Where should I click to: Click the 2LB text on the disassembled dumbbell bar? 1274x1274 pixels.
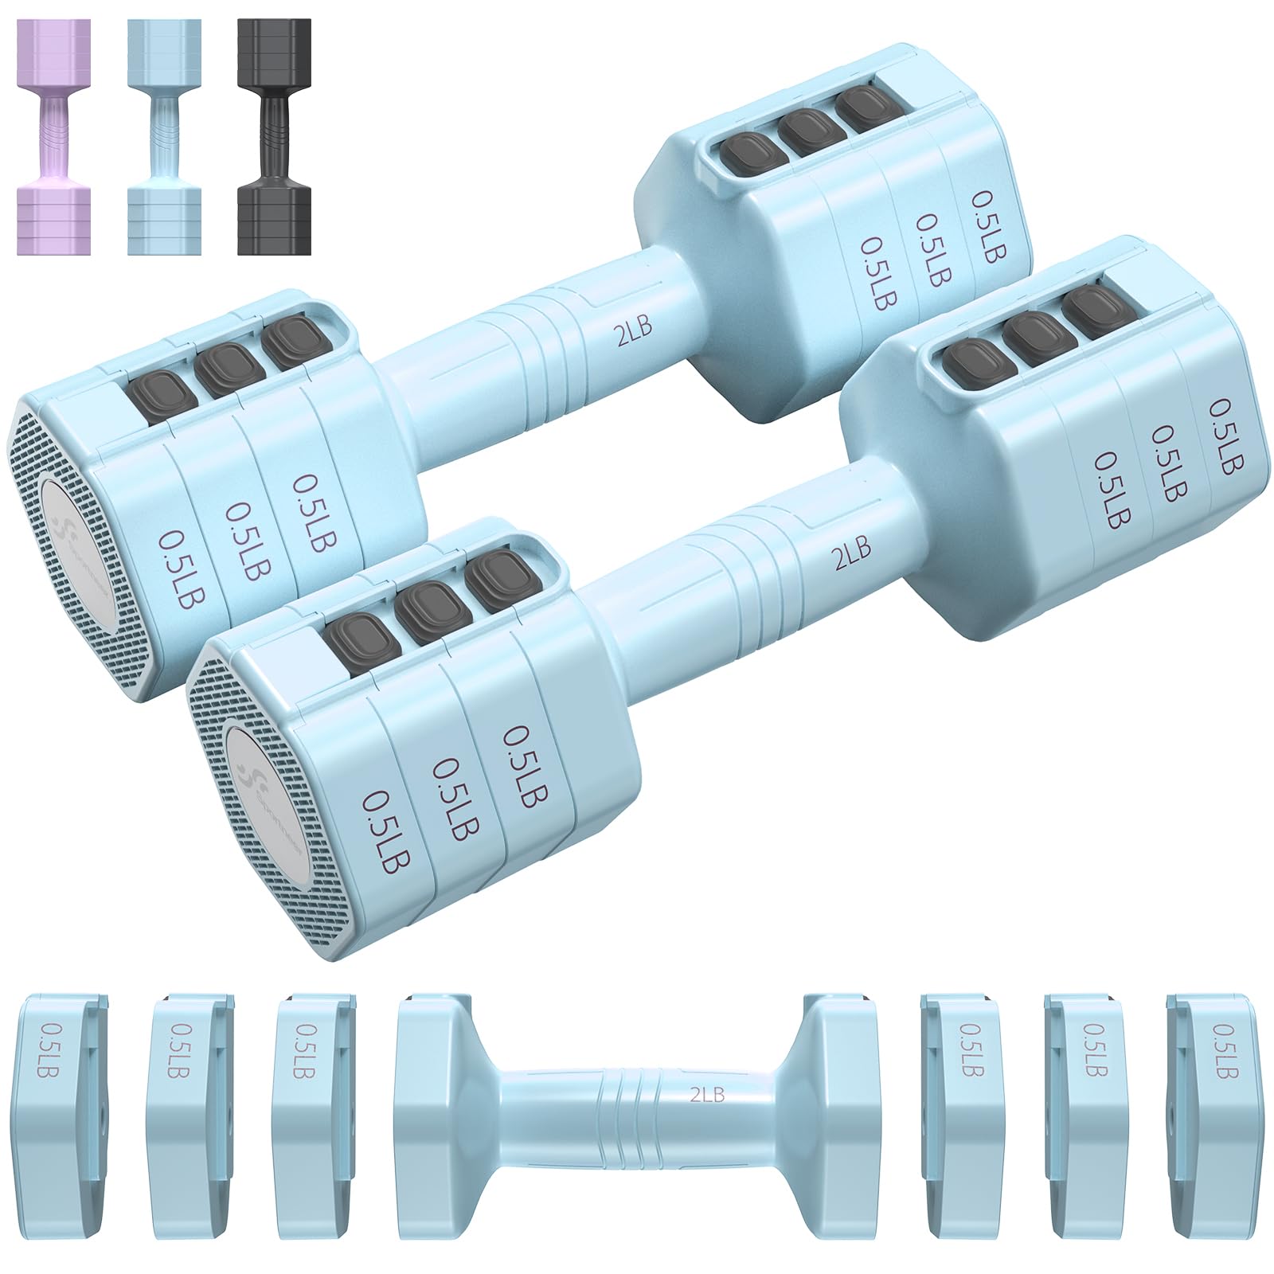click(x=707, y=1096)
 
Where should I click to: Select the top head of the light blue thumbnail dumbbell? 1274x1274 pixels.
click(x=166, y=48)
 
